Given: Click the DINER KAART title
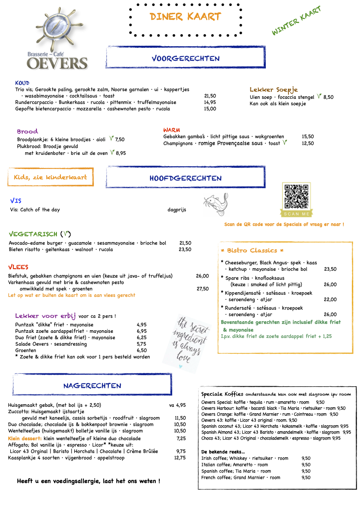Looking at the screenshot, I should pyautogui.click(x=185, y=17).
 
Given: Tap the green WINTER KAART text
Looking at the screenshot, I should pyautogui.click(x=296, y=21).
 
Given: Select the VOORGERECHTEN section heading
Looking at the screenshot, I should pyautogui.click(x=185, y=58).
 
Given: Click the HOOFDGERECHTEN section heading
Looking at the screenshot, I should pyautogui.click(x=185, y=178).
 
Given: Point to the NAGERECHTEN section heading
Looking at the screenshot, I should pyautogui.click(x=92, y=385).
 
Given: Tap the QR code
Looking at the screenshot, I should pyautogui.click(x=296, y=196).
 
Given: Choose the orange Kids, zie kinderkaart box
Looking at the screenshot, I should pyautogui.click(x=51, y=177).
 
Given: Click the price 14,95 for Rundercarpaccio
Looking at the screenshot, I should pyautogui.click(x=210, y=102).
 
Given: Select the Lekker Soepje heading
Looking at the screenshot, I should pyautogui.click(x=274, y=89).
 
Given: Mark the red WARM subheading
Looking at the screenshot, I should pyautogui.click(x=171, y=130).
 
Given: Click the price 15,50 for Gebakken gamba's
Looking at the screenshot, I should pyautogui.click(x=308, y=136).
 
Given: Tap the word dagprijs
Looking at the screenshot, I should pyautogui.click(x=177, y=210).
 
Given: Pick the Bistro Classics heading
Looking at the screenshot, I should pyautogui.click(x=252, y=250).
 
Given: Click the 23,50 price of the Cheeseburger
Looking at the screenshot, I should pyautogui.click(x=330, y=269).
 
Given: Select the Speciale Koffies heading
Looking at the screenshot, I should pyautogui.click(x=222, y=394).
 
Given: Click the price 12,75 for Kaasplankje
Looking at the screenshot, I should pyautogui.click(x=180, y=458).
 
